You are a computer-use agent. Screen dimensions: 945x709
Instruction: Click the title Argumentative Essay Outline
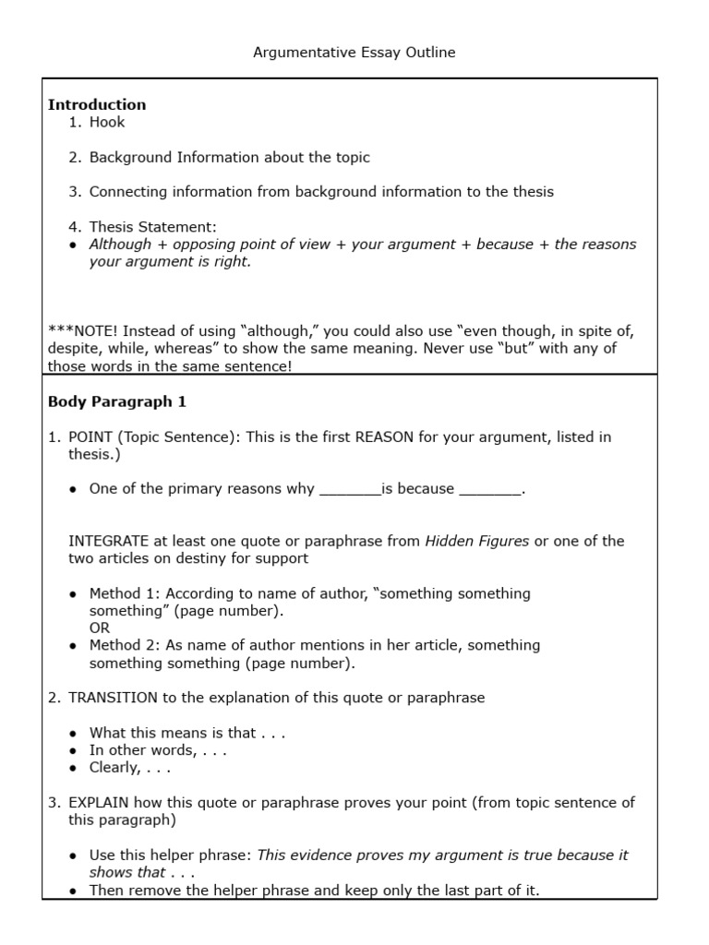point(354,53)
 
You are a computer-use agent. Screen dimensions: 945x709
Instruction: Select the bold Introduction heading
point(97,104)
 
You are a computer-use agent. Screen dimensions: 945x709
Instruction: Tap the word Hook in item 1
point(107,122)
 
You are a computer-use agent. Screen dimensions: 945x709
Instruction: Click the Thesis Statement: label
point(152,227)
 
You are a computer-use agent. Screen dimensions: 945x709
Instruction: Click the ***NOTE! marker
point(83,331)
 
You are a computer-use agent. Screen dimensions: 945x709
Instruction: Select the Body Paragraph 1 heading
point(117,402)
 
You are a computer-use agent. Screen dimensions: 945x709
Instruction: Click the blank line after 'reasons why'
point(350,490)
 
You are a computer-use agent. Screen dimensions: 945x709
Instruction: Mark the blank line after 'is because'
point(490,490)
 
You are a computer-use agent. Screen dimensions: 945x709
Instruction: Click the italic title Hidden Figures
point(476,542)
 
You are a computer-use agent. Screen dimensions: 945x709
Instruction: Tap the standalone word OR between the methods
point(100,628)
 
